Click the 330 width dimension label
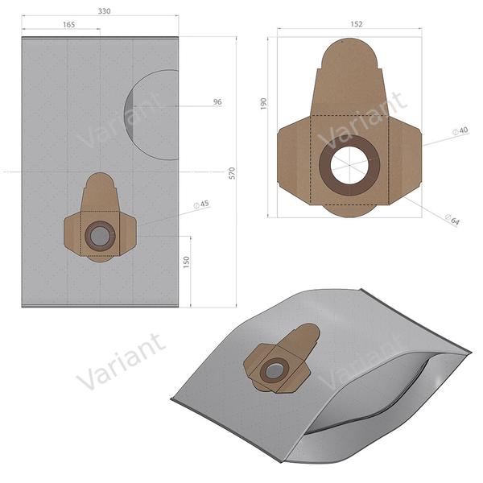point(105,12)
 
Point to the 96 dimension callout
point(217,102)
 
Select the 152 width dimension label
point(356,24)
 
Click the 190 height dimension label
point(264,105)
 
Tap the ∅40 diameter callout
point(461,130)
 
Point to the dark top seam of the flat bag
point(100,38)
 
